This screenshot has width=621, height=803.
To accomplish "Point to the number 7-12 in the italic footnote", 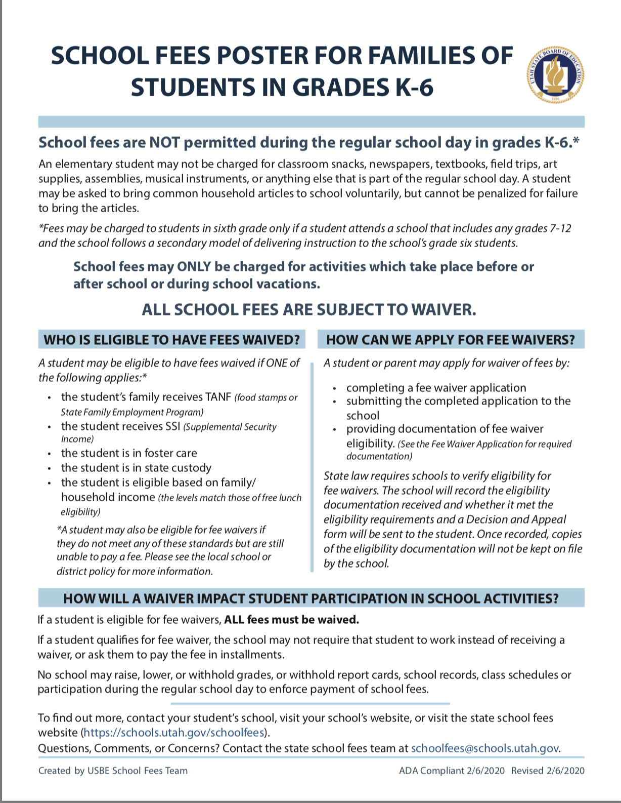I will click(560, 228).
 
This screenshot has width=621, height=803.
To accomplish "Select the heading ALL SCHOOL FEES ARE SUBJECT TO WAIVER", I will click(309, 309).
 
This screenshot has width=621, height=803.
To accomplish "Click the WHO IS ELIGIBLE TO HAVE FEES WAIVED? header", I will click(172, 340).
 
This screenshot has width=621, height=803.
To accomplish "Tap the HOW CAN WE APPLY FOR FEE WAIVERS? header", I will click(451, 340).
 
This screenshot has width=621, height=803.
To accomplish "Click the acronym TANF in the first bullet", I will click(218, 397).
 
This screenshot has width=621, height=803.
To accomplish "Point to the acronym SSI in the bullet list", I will click(172, 426).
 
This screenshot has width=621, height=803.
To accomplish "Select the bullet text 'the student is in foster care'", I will click(129, 453).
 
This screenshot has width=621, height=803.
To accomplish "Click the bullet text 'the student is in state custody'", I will click(136, 468).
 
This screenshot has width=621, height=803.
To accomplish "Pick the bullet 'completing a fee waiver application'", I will click(436, 388).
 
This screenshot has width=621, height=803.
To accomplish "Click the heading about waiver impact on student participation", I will click(311, 598).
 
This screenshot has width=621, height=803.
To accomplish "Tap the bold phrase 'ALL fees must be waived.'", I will click(291, 620).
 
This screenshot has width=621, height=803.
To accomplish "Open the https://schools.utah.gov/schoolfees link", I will click(174, 733).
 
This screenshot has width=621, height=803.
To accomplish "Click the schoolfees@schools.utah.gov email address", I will click(485, 748).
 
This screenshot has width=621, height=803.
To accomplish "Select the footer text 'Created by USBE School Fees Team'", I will click(113, 771).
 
